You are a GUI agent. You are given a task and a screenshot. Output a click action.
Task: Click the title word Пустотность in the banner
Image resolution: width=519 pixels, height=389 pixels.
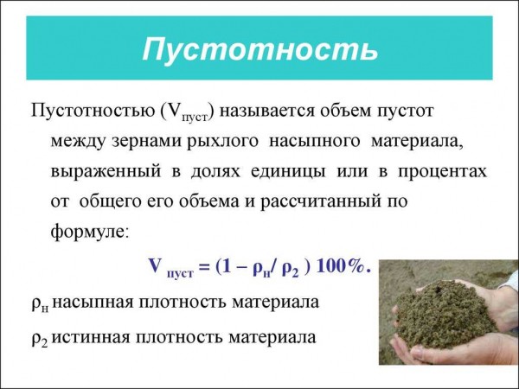(x=260, y=49)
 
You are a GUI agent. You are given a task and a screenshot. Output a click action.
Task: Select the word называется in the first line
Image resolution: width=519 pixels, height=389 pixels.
(x=266, y=112)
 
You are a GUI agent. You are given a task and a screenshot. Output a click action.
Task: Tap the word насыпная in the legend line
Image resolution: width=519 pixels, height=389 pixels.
(x=92, y=303)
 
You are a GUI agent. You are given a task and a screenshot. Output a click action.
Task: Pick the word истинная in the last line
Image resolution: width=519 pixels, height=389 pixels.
(x=90, y=338)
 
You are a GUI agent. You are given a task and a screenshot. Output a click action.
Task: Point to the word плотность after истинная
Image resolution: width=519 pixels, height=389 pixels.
(x=178, y=338)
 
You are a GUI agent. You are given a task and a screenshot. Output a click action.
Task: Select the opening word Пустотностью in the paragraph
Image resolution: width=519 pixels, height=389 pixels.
(x=93, y=112)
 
